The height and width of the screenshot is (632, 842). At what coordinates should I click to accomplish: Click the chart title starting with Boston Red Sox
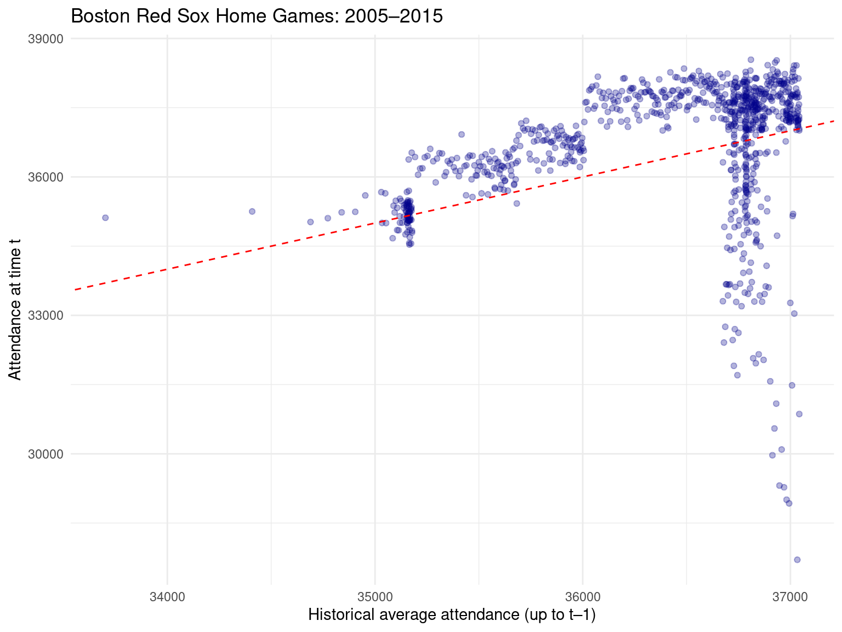(257, 16)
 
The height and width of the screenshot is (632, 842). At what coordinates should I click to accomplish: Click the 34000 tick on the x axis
(167, 596)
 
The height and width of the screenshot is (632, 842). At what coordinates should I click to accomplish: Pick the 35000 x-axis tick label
(375, 596)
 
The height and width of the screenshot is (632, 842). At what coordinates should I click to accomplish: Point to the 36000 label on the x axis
(582, 596)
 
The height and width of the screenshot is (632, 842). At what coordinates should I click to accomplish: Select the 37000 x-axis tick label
(790, 596)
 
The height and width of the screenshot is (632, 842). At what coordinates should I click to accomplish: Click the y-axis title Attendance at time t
(15, 313)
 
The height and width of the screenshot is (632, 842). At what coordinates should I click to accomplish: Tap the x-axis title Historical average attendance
(452, 615)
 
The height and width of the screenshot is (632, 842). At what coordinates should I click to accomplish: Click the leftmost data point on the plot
(105, 218)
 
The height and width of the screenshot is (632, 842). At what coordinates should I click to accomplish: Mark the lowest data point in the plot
(797, 560)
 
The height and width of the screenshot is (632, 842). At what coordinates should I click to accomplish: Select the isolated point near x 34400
(252, 211)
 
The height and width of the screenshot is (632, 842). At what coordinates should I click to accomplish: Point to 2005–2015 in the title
(393, 16)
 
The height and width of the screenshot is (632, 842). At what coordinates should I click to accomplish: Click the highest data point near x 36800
(750, 59)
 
